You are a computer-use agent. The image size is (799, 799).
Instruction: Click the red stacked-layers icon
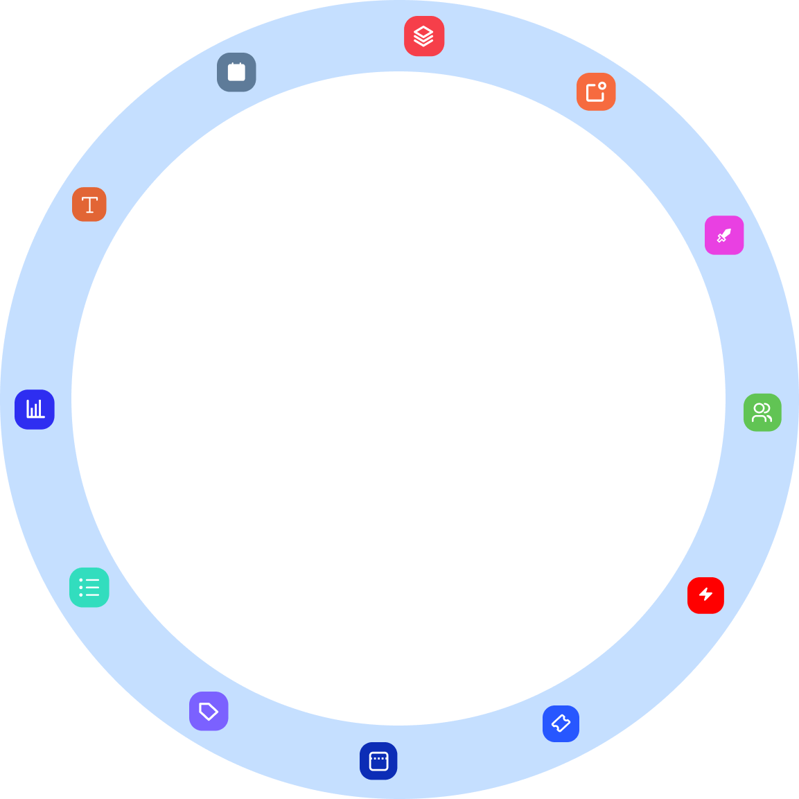pos(424,36)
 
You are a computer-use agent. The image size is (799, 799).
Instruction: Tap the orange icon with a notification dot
pos(596,91)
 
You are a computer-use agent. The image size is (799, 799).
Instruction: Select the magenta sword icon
pos(724,236)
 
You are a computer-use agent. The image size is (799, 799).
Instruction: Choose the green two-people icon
pos(762,412)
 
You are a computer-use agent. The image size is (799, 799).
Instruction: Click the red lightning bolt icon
pos(705,595)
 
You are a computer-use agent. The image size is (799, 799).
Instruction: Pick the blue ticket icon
pos(561,724)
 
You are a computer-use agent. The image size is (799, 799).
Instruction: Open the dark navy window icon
pos(378,761)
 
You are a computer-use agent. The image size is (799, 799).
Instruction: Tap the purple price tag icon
pos(209,711)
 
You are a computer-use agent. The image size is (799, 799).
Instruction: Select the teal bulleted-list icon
pos(89,588)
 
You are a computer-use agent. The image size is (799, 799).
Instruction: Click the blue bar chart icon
pos(35,410)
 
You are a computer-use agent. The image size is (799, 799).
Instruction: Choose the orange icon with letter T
pos(89,204)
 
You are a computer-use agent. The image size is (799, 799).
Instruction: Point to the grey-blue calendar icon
pos(236,72)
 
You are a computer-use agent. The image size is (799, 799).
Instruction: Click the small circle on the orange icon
pos(602,86)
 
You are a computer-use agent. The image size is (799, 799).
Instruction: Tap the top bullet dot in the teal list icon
pos(81,580)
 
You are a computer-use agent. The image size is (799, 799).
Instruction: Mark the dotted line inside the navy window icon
pos(378,758)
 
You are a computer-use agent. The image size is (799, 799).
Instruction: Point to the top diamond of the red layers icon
pos(424,31)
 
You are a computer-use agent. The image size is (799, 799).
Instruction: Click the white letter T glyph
pos(89,204)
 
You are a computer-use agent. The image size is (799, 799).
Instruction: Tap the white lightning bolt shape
pos(705,595)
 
